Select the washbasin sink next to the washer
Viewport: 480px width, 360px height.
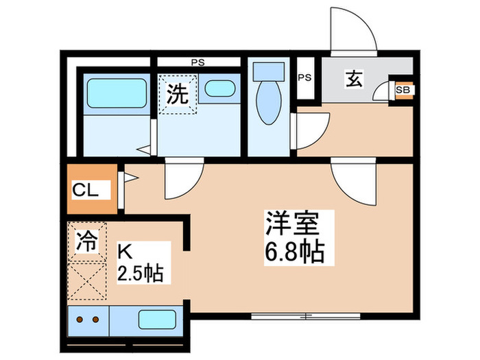coord(219,88)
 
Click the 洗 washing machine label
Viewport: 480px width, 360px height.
coord(178,94)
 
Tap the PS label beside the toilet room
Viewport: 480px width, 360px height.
coord(305,77)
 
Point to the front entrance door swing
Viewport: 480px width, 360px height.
coord(351,31)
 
